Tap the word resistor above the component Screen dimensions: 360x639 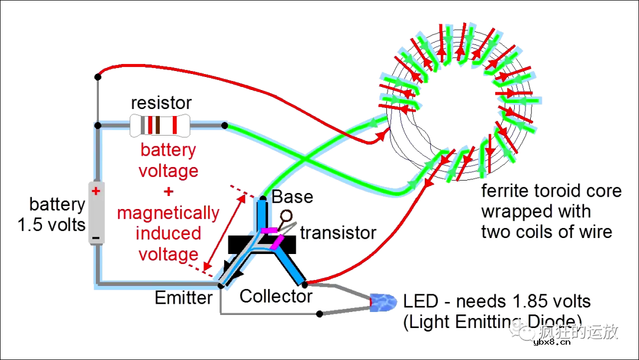pyautogui.click(x=162, y=103)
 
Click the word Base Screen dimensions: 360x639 pyautogui.click(x=292, y=197)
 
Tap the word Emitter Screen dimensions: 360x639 pyautogui.click(x=183, y=298)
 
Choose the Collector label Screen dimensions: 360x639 pyautogui.click(x=276, y=296)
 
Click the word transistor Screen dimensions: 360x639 pyautogui.click(x=338, y=233)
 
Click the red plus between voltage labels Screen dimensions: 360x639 pyautogui.click(x=169, y=191)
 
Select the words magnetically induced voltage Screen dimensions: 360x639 pyautogui.click(x=168, y=233)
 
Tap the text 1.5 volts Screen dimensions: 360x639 pyautogui.click(x=51, y=226)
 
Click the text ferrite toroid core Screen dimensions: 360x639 pyautogui.click(x=551, y=191)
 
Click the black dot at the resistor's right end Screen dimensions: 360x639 pyautogui.click(x=225, y=126)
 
